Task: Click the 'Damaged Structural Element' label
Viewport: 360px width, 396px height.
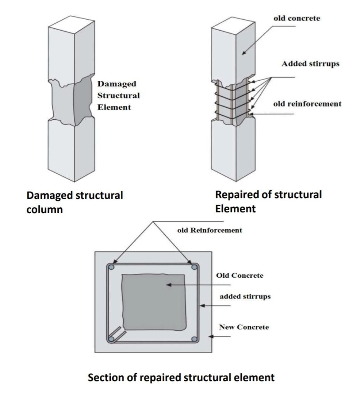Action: [x=118, y=95]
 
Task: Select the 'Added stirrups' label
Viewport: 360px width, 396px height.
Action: [x=310, y=64]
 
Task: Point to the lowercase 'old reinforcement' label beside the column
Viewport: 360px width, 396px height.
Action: [x=307, y=104]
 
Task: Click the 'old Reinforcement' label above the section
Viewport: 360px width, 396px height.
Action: [x=209, y=230]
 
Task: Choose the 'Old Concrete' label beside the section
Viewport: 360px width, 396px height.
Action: [x=240, y=276]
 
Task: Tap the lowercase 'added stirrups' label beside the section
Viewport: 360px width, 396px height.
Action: [x=245, y=297]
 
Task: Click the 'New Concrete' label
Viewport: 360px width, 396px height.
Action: [x=244, y=327]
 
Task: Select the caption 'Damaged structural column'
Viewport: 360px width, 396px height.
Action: [x=74, y=202]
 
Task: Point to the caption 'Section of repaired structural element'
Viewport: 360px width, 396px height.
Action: [x=181, y=377]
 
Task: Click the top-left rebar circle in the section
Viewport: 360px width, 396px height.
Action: [x=111, y=267]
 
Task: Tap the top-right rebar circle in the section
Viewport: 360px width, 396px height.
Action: [x=194, y=267]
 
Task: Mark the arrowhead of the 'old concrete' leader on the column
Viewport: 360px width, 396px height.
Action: [x=243, y=53]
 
